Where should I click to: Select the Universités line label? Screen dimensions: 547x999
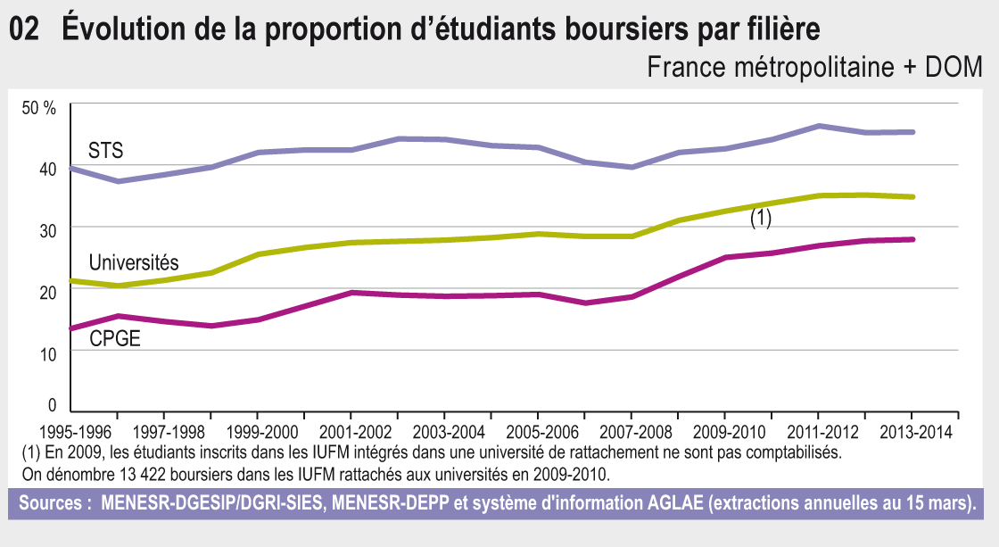pos(134,262)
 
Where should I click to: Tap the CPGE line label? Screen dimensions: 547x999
pos(115,338)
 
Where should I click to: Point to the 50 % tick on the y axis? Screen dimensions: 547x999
pos(39,108)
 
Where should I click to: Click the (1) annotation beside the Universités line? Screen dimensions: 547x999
pos(760,219)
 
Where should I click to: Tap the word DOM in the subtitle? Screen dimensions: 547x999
pos(954,67)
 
